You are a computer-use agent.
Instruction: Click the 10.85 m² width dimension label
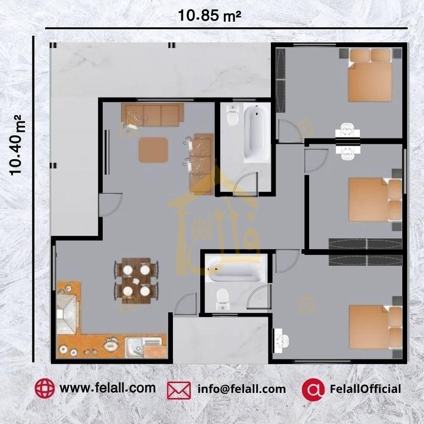(x=210, y=16)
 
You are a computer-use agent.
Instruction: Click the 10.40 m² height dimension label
(x=16, y=145)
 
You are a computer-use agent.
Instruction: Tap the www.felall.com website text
(x=107, y=388)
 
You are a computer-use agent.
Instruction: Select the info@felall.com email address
(x=242, y=389)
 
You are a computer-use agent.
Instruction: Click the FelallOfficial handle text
(x=365, y=389)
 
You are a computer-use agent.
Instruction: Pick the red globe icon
(x=44, y=388)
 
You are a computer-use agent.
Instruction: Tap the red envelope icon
(x=179, y=390)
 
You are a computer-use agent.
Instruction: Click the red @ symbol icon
(x=313, y=390)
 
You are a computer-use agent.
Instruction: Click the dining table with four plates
(x=136, y=281)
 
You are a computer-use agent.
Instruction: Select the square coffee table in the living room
(x=153, y=150)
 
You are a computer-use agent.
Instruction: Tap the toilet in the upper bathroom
(x=232, y=115)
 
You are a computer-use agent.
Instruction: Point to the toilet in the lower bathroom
(x=223, y=300)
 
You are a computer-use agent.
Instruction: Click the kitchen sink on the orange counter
(x=134, y=348)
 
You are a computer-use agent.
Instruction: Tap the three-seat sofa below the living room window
(x=153, y=114)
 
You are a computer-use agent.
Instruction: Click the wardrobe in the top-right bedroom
(x=281, y=80)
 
